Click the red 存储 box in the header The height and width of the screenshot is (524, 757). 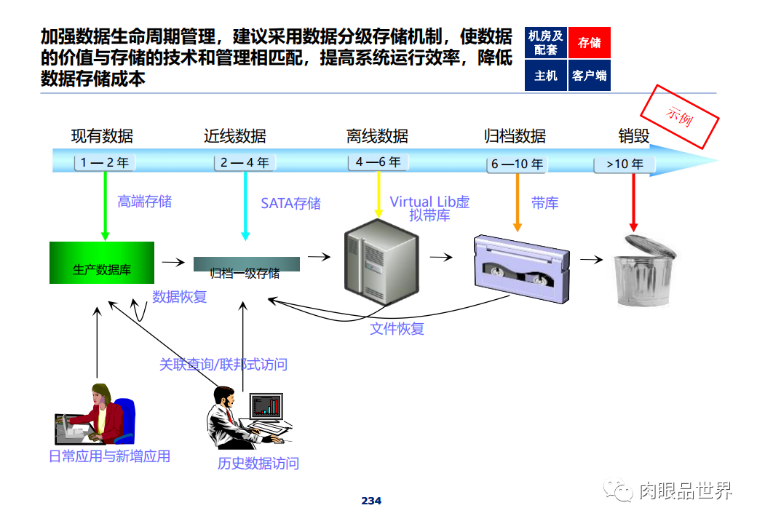point(589,43)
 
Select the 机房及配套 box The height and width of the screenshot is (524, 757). point(545,43)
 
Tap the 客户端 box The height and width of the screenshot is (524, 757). point(589,76)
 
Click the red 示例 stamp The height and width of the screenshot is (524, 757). point(679,116)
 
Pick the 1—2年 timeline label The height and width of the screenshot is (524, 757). point(105,163)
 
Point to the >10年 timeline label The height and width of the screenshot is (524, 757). point(625,164)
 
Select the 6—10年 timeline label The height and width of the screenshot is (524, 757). point(517,164)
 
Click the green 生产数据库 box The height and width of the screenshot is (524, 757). point(102,263)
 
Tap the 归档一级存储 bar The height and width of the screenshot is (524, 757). point(246,266)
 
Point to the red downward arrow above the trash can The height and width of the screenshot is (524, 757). point(633,204)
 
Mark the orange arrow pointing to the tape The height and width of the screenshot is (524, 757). point(518,204)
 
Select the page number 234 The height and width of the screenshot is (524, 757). point(371,501)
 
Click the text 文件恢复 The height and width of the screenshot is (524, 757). point(397,328)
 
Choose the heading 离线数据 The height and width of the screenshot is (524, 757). point(377,136)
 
